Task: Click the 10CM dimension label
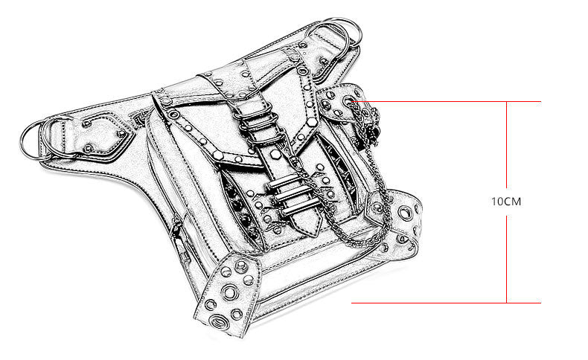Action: [506, 202]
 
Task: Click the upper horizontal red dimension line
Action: [447, 101]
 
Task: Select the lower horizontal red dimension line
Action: [447, 303]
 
